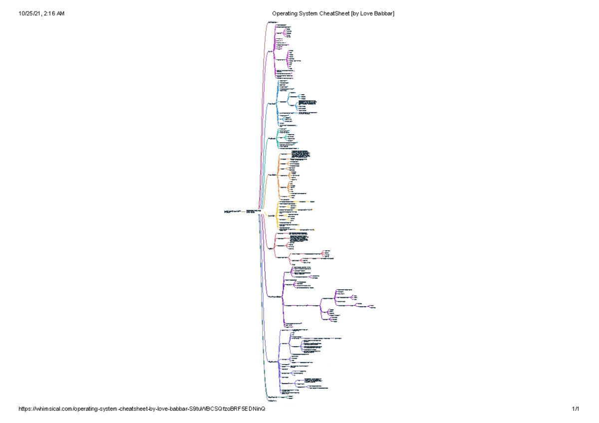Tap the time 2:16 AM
(x=54, y=13)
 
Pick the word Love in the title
(x=369, y=13)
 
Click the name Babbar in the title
(x=385, y=13)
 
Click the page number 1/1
(x=576, y=409)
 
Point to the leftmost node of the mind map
(x=232, y=212)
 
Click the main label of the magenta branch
(x=271, y=51)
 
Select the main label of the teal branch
(x=272, y=138)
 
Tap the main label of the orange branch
(x=273, y=175)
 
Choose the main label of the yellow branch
(x=272, y=215)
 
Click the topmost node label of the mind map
(x=272, y=22)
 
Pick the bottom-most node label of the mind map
(x=272, y=401)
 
